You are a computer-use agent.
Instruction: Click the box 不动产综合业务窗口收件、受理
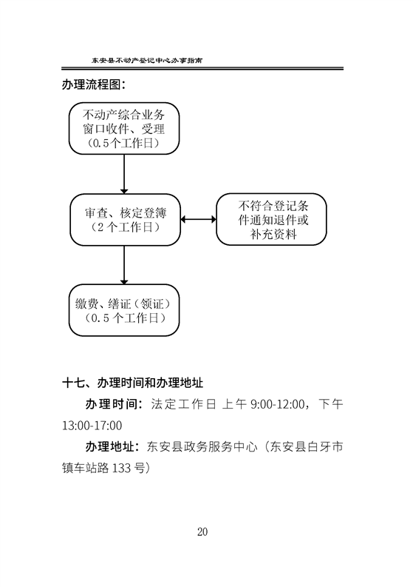pyautogui.click(x=124, y=128)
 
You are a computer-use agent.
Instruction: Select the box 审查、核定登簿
pyautogui.click(x=125, y=220)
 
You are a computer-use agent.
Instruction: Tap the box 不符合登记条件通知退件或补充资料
pyautogui.click(x=272, y=219)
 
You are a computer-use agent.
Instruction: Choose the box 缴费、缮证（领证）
pyautogui.click(x=124, y=310)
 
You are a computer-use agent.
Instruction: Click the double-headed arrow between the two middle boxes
pyautogui.click(x=199, y=219)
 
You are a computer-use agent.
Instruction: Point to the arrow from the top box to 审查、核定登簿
pyautogui.click(x=124, y=174)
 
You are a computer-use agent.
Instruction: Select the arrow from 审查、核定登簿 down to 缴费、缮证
pyautogui.click(x=124, y=265)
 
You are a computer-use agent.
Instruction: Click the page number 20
pyautogui.click(x=202, y=532)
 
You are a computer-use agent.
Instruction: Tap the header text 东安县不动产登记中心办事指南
pyautogui.click(x=147, y=60)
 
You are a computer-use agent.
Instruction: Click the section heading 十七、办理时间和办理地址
pyautogui.click(x=132, y=383)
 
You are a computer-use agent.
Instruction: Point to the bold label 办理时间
pyautogui.click(x=110, y=404)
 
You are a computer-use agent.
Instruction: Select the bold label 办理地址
pyautogui.click(x=110, y=446)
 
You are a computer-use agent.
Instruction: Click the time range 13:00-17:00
pyautogui.click(x=92, y=426)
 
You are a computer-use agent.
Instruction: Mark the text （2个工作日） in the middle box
pyautogui.click(x=125, y=227)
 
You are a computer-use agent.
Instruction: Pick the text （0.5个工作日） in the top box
pyautogui.click(x=123, y=143)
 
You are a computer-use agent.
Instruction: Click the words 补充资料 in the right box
pyautogui.click(x=273, y=235)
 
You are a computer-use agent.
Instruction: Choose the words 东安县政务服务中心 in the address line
pyautogui.click(x=202, y=446)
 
